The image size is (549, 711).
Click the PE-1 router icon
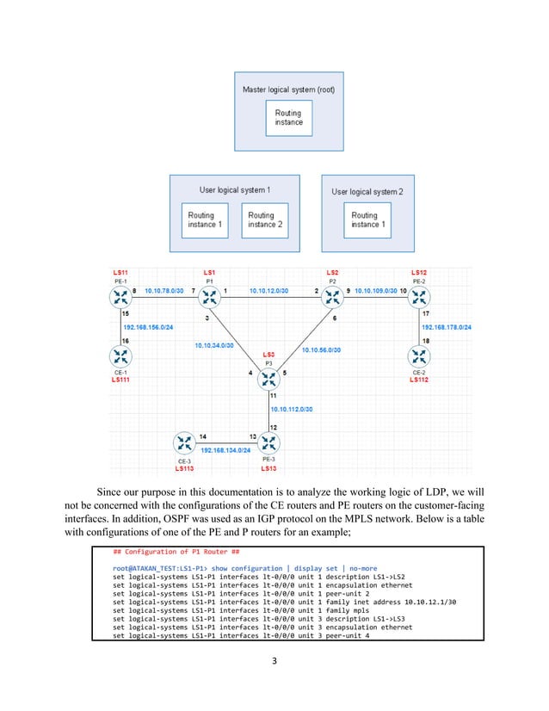click(118, 298)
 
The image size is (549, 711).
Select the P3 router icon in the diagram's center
click(268, 377)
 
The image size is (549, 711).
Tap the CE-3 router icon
click(183, 443)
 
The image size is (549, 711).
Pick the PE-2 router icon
click(418, 298)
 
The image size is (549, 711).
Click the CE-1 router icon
click(118, 355)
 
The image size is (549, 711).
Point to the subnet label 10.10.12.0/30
click(268, 292)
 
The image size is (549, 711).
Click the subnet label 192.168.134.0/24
click(225, 449)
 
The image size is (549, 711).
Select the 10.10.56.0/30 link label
click(320, 350)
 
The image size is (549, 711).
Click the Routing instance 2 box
click(267, 219)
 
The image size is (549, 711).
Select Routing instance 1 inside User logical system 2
click(365, 219)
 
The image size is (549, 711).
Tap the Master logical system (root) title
click(288, 89)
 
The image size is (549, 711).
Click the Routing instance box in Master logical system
click(289, 117)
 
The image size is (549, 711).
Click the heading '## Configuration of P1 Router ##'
click(169, 550)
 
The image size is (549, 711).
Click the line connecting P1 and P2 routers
click(268, 299)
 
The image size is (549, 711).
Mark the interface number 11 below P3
click(273, 395)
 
